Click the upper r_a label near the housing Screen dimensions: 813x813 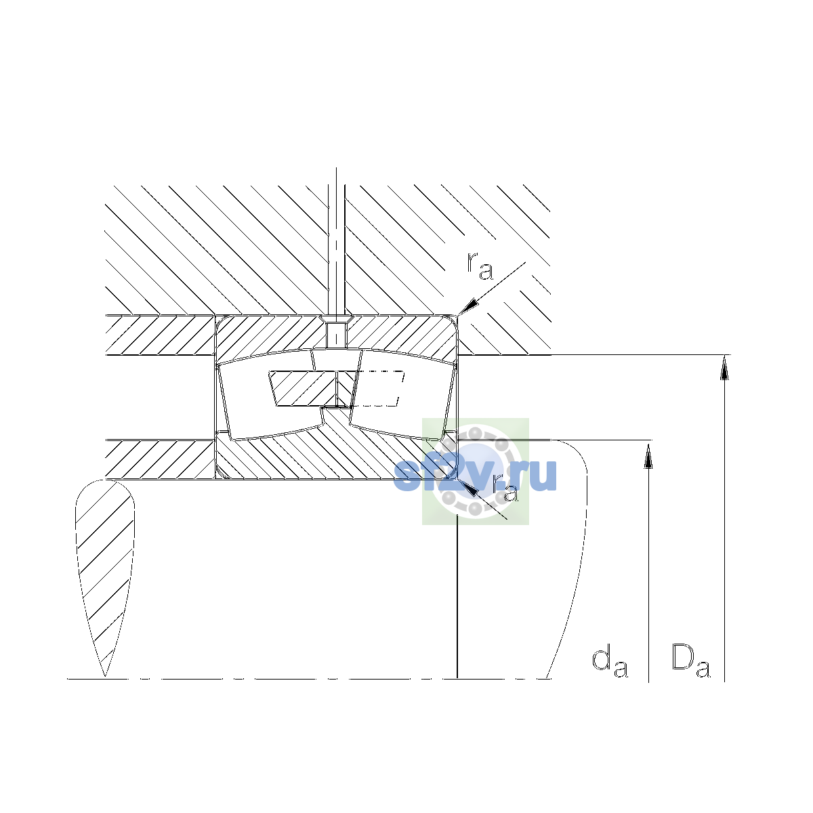point(480,267)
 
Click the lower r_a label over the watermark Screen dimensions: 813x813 point(505,488)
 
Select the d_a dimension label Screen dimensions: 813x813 point(610,663)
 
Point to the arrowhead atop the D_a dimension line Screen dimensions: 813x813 point(724,367)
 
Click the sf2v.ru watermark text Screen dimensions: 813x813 point(475,475)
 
